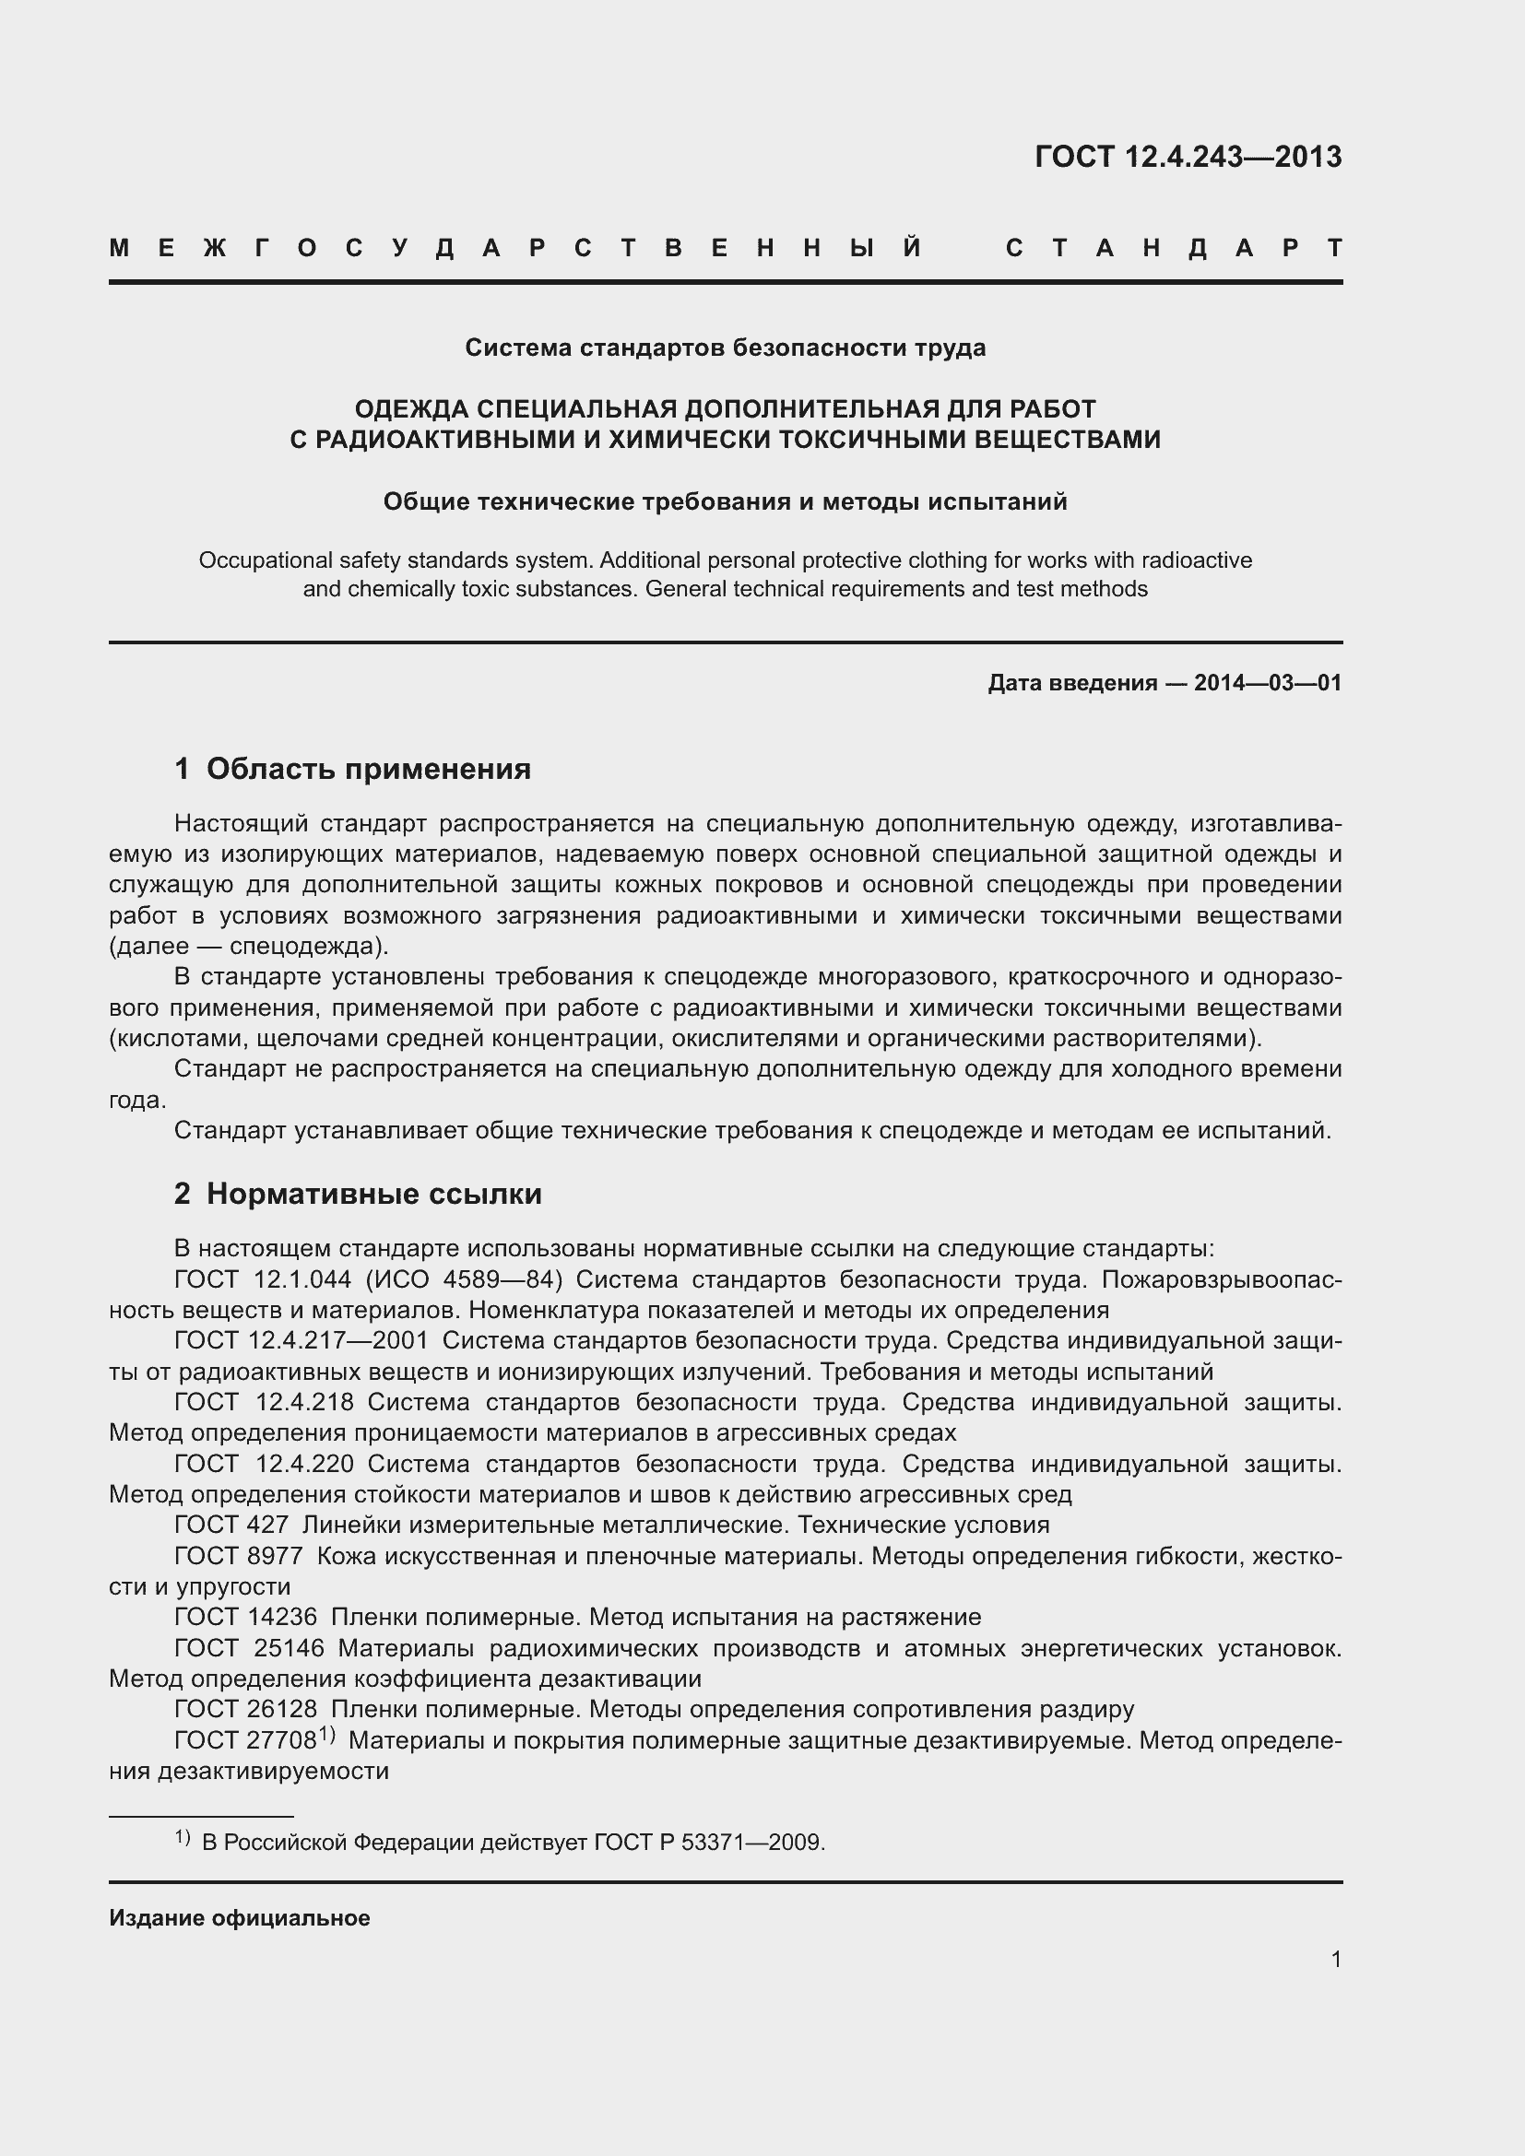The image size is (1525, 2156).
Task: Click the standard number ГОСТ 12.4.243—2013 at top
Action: click(1187, 157)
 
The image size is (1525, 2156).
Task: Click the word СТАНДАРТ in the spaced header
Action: click(1174, 249)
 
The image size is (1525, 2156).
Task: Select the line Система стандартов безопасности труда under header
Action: click(725, 348)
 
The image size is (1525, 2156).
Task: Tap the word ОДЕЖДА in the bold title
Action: click(410, 409)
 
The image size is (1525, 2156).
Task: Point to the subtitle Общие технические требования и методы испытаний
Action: click(725, 502)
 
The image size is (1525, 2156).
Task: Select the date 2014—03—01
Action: click(1267, 684)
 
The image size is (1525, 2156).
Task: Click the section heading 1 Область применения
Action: click(352, 769)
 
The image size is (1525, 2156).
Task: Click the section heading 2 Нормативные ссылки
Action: click(358, 1195)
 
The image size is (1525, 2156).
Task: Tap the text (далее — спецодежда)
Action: click(249, 946)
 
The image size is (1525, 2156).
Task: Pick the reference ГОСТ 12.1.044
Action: click(263, 1280)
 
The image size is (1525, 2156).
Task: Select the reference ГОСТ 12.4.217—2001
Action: click(301, 1341)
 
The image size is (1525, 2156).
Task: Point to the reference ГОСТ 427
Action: click(231, 1525)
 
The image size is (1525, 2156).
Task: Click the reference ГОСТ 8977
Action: click(239, 1556)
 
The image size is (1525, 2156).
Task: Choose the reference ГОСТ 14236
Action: click(245, 1617)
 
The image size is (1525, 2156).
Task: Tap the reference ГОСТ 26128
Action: click(245, 1709)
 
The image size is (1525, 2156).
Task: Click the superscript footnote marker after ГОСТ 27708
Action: click(326, 1735)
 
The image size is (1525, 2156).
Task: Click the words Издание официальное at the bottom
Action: click(240, 1918)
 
